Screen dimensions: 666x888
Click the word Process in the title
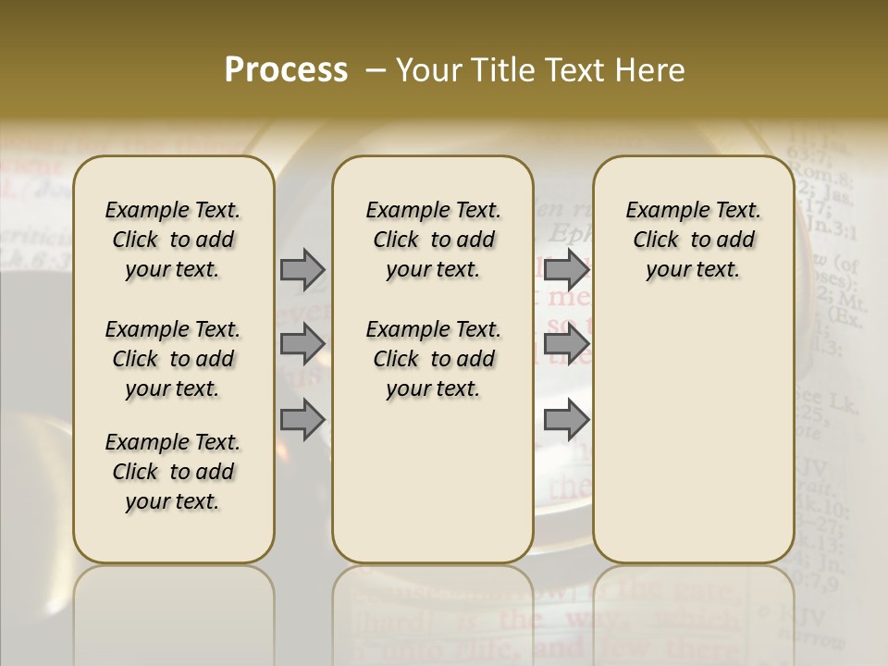(286, 70)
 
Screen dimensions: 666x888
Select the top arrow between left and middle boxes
(302, 269)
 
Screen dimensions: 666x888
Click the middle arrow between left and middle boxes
(302, 344)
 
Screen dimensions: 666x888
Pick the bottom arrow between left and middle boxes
(302, 420)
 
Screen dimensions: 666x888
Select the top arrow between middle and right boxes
(566, 269)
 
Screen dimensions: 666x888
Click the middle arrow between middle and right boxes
(566, 344)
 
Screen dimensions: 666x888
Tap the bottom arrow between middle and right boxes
(566, 420)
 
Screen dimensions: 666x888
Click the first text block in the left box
(173, 240)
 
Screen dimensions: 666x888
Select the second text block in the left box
(173, 359)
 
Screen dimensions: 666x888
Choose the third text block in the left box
(173, 472)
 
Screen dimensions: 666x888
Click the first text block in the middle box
(433, 240)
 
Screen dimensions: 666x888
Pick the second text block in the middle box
(433, 359)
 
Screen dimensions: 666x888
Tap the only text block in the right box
(693, 240)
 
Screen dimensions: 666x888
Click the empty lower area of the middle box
(433, 481)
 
